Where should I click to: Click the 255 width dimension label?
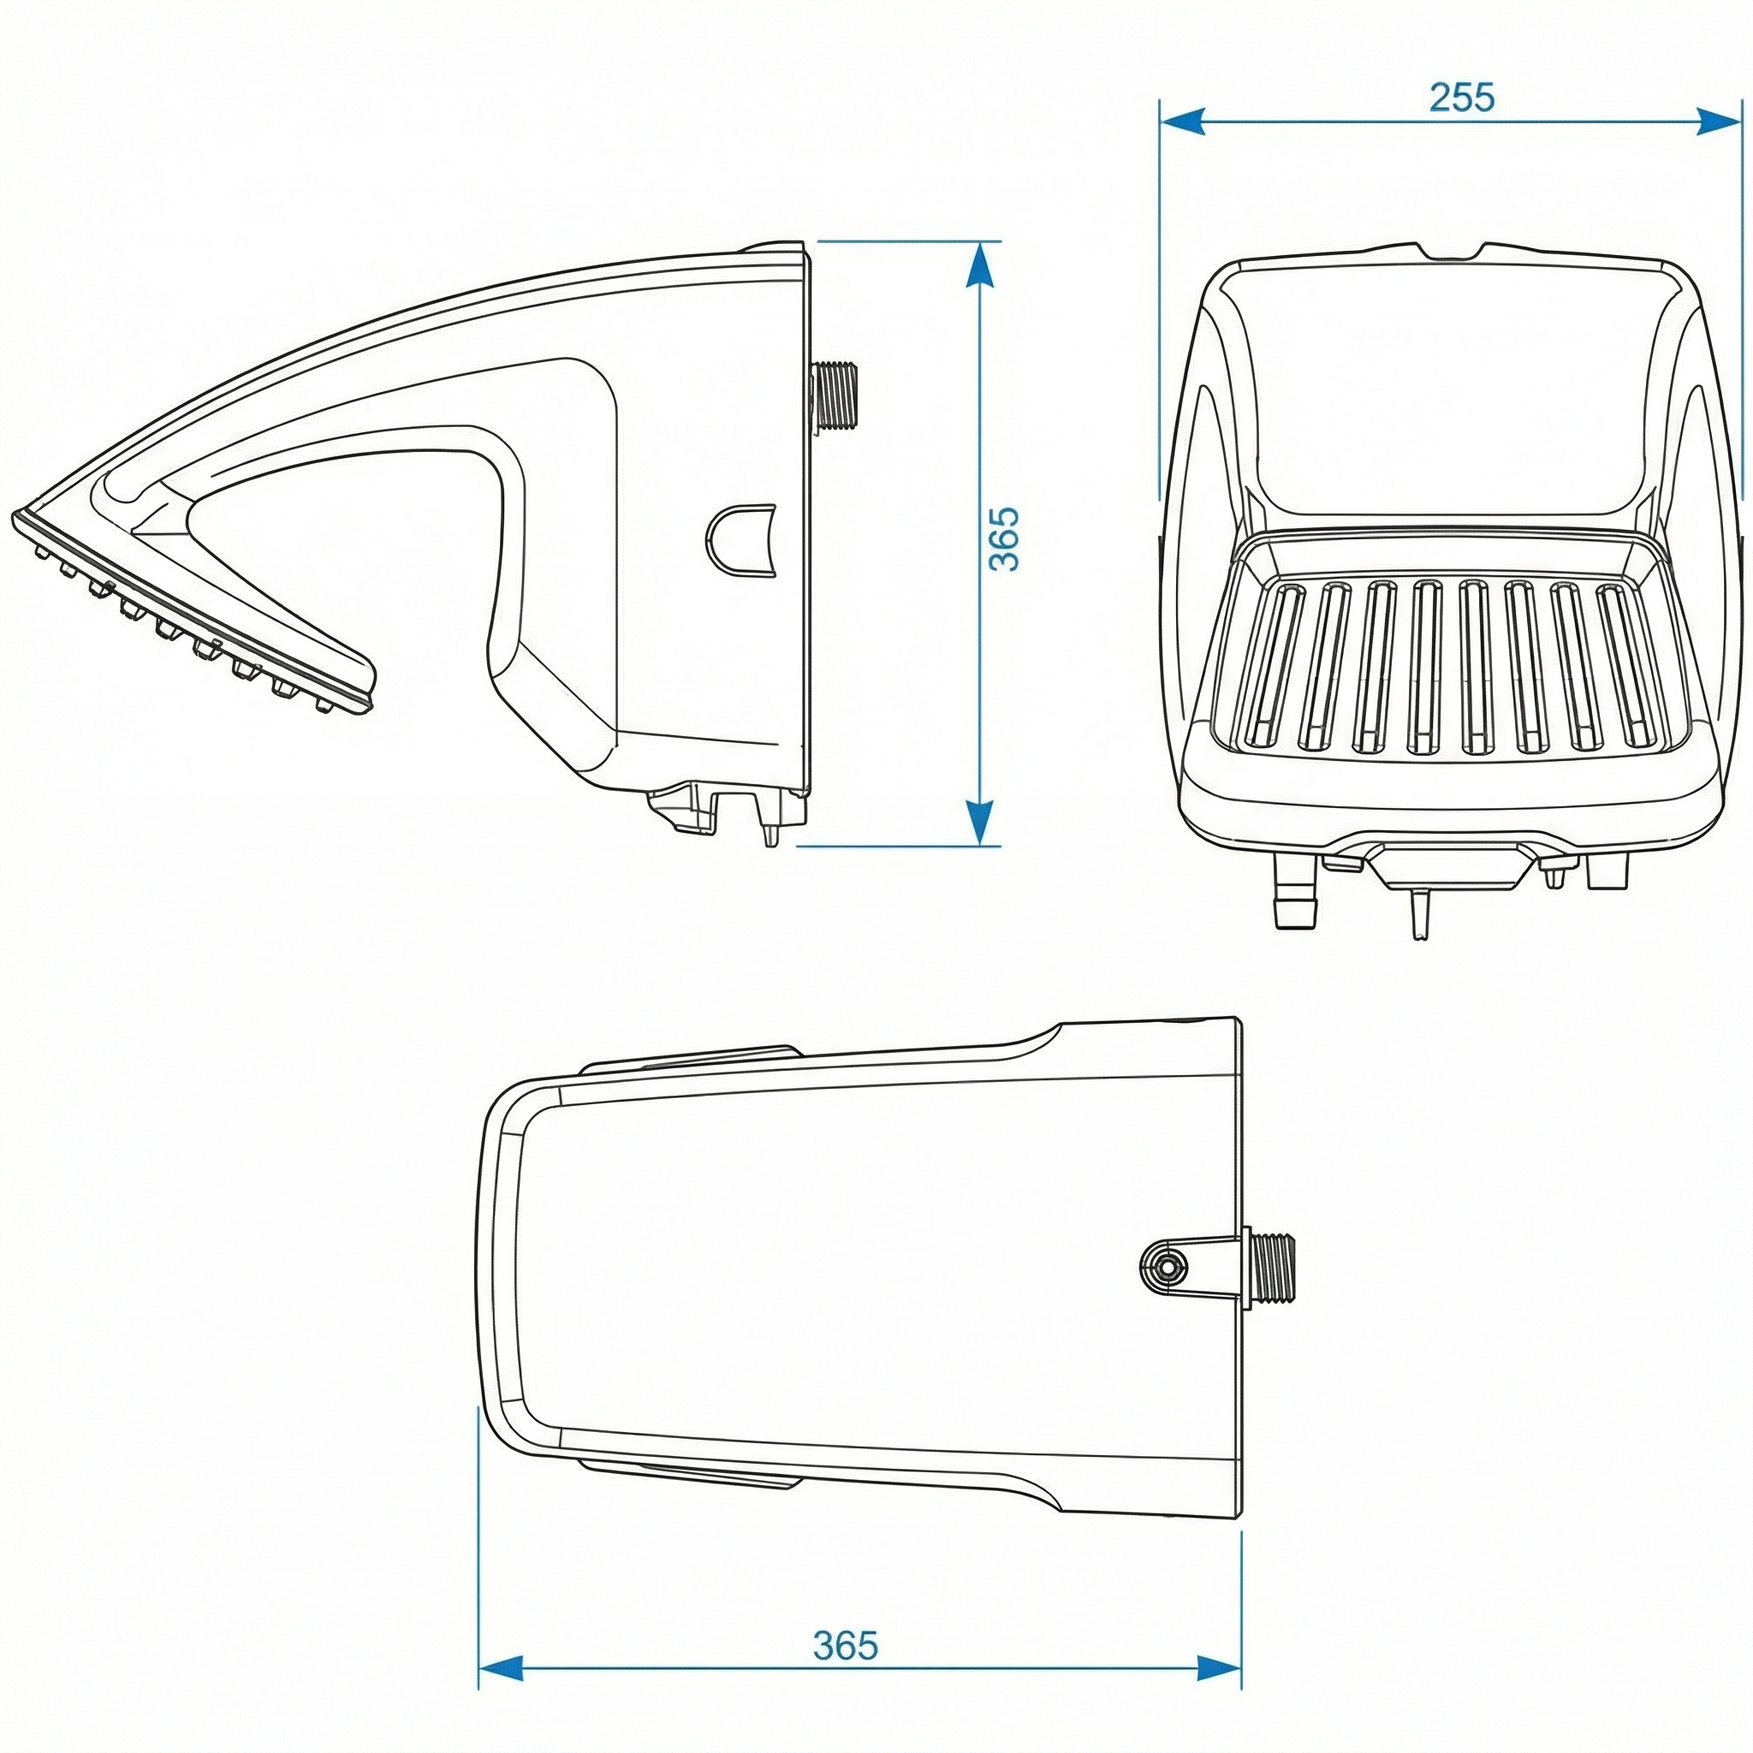click(1461, 98)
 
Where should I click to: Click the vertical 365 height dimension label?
click(1003, 539)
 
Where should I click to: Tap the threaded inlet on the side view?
click(836, 395)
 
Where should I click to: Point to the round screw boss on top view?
click(1163, 1263)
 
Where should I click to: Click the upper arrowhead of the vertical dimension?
click(978, 263)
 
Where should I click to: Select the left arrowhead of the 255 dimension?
click(1182, 121)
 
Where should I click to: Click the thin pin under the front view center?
click(1419, 912)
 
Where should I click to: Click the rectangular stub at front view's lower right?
click(1607, 871)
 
